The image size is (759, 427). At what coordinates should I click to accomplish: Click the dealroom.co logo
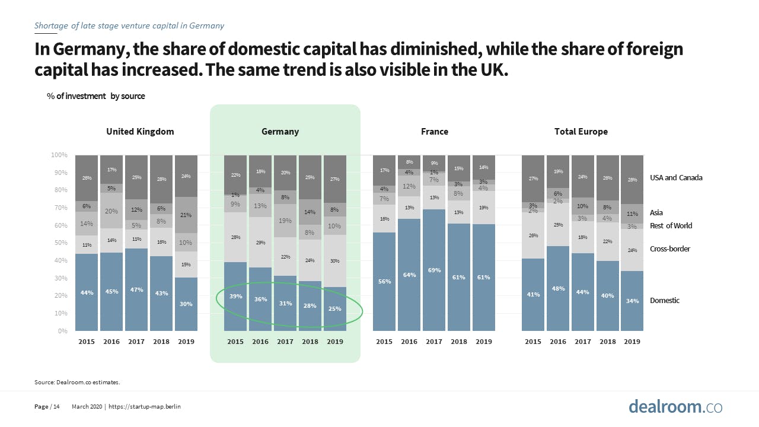point(675,407)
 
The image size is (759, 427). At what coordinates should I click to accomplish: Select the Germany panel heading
point(280,132)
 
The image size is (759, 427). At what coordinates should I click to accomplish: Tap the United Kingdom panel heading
point(140,132)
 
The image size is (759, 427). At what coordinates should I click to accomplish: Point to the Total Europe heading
point(581,132)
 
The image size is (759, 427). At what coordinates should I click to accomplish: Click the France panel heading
point(434,132)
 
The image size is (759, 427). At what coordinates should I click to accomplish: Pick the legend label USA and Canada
point(676,178)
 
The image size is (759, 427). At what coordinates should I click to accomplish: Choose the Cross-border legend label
point(670,249)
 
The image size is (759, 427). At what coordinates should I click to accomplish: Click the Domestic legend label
point(665,301)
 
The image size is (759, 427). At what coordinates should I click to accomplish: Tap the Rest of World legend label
point(671,226)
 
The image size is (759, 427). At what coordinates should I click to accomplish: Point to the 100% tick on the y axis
point(59,155)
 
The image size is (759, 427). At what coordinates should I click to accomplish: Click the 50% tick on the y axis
point(61,243)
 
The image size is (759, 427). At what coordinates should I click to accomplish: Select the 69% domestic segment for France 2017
point(434,270)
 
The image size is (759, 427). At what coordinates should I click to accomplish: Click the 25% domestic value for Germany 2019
point(335,308)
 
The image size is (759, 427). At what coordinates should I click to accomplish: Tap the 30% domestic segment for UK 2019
point(186,304)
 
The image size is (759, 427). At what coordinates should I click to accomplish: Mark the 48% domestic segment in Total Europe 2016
point(558,289)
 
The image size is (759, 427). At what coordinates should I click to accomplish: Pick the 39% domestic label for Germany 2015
point(235,296)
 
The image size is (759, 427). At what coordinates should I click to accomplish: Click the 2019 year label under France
point(484,342)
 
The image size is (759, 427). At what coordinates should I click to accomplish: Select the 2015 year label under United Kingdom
point(87,342)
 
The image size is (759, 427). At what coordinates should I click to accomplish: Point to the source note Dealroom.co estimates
point(77,383)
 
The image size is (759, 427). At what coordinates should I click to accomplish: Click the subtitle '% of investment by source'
point(95,96)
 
